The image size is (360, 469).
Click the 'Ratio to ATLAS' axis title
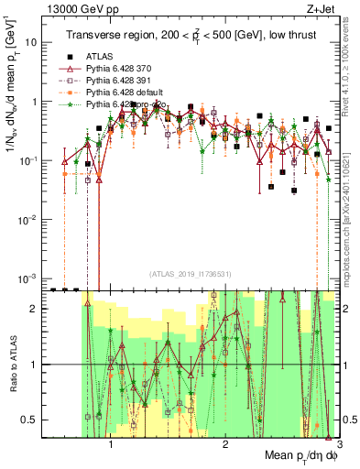tap(13, 364)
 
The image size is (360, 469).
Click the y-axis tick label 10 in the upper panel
tap(32, 43)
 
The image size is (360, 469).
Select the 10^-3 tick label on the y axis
tap(30, 278)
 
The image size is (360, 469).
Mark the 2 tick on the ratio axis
tap(37, 309)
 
